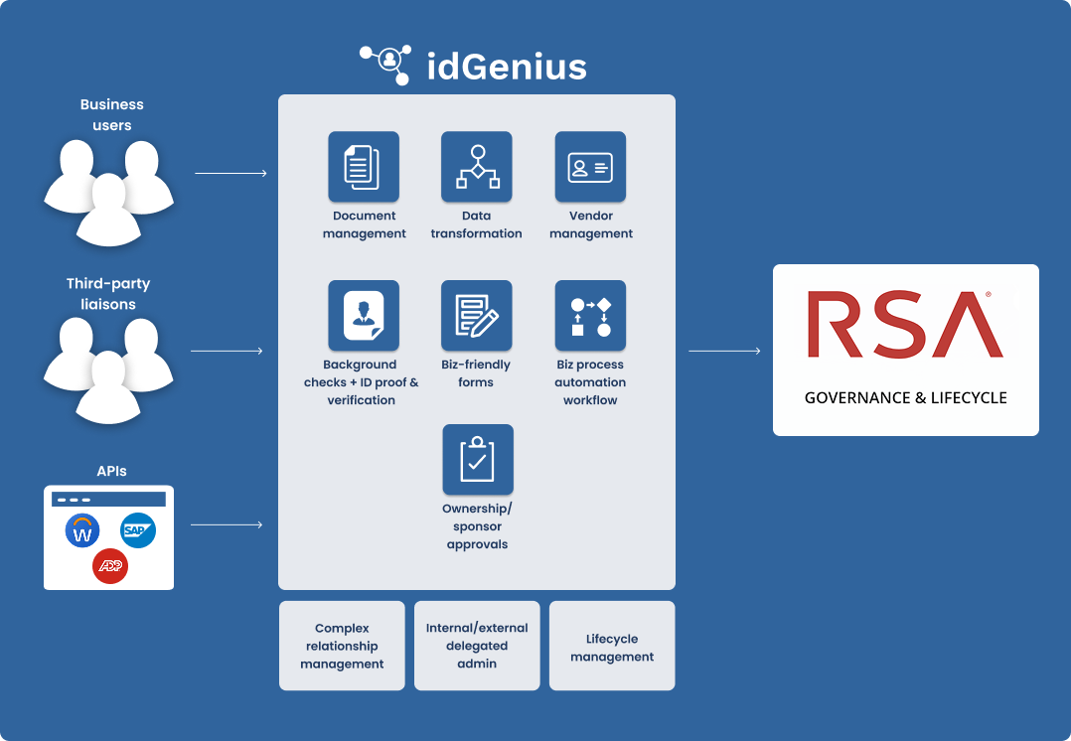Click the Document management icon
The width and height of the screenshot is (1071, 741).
pyautogui.click(x=364, y=167)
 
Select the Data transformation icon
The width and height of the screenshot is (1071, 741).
pyautogui.click(x=477, y=167)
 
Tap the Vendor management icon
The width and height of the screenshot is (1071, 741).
pyautogui.click(x=590, y=167)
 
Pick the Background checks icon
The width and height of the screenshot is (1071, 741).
pyautogui.click(x=364, y=316)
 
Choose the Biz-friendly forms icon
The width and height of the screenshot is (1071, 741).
pyautogui.click(x=477, y=316)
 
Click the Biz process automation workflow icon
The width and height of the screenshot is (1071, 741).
pyautogui.click(x=590, y=316)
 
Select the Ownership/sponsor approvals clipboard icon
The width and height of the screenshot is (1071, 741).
pyautogui.click(x=478, y=460)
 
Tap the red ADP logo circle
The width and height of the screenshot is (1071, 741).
pyautogui.click(x=110, y=566)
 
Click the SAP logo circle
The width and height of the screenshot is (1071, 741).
pyautogui.click(x=138, y=531)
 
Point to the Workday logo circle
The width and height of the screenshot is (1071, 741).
pyautogui.click(x=82, y=531)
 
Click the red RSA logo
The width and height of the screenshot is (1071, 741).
pyautogui.click(x=905, y=325)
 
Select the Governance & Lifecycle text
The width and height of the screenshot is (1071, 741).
pyautogui.click(x=905, y=397)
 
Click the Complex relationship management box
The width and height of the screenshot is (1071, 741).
pyautogui.click(x=342, y=646)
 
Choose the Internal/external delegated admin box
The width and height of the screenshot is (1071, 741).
pyautogui.click(x=477, y=646)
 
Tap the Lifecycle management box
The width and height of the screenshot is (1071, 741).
pyautogui.click(x=612, y=646)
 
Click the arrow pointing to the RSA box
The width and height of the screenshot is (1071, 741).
pyautogui.click(x=724, y=351)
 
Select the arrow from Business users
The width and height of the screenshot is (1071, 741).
pyautogui.click(x=230, y=174)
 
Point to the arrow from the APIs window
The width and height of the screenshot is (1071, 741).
pyautogui.click(x=227, y=524)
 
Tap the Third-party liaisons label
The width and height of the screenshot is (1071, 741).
pyautogui.click(x=108, y=294)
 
